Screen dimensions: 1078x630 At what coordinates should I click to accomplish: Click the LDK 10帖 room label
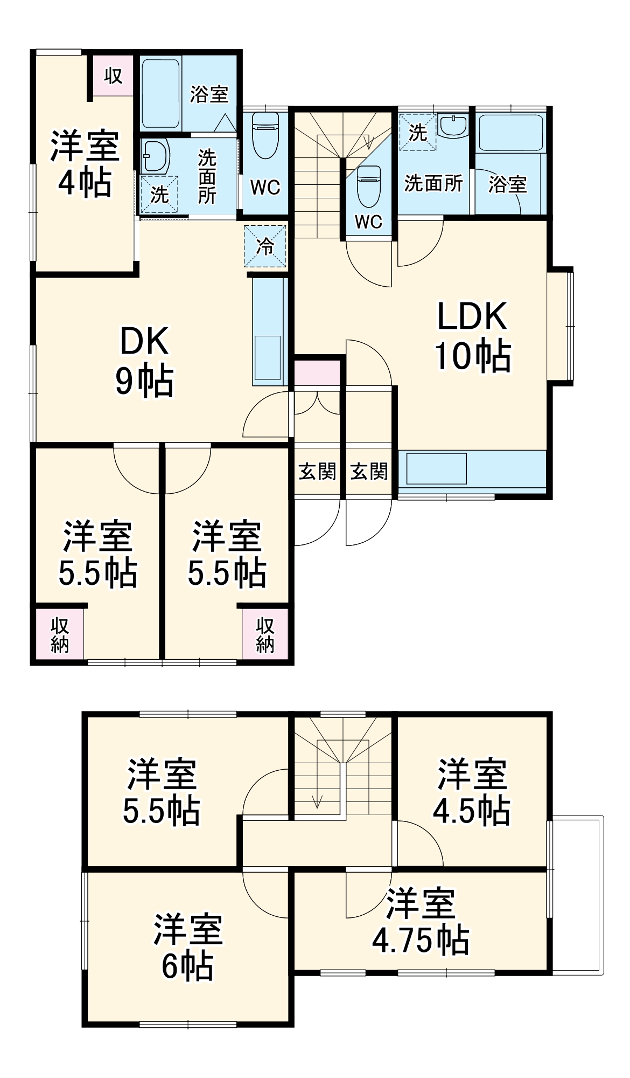472,337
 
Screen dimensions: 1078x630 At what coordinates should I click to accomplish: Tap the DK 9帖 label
144,361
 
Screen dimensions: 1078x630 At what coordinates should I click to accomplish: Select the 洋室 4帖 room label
85,164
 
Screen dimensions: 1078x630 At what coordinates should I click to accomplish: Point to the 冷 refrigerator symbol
265,246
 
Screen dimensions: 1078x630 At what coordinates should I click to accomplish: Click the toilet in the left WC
265,135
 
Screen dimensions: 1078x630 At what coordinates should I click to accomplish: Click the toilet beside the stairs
369,186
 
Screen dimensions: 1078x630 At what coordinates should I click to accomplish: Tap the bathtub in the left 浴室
160,94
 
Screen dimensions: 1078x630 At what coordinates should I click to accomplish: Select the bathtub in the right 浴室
510,133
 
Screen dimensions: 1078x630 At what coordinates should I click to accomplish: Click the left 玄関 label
318,472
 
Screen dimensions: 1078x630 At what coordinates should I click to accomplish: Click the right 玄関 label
369,472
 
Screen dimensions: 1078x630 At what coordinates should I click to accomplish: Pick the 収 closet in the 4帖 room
113,75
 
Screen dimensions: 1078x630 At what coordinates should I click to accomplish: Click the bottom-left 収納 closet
59,634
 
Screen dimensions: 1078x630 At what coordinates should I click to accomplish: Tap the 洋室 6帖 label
188,947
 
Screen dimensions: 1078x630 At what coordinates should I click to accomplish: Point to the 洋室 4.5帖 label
472,792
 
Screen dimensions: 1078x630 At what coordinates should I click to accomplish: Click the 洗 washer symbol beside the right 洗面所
418,132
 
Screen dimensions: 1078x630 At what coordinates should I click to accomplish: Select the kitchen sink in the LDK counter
436,469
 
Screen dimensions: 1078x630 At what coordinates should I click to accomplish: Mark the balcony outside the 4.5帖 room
576,895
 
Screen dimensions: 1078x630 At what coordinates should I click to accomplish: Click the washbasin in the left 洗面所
156,156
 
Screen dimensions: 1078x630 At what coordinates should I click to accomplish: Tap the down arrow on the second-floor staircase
317,800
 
